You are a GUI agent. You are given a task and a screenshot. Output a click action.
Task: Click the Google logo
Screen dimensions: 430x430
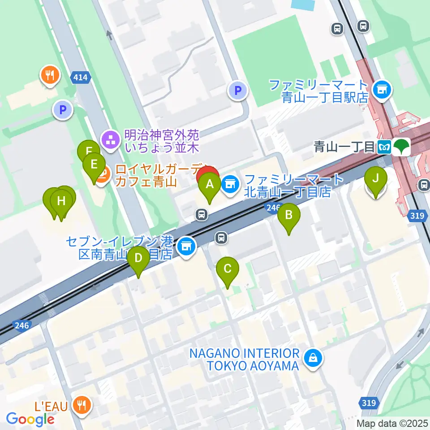click(30, 419)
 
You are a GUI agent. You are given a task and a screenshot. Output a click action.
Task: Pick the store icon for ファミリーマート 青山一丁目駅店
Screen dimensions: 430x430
click(383, 90)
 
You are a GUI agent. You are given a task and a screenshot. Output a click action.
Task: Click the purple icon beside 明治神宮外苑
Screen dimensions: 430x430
click(109, 140)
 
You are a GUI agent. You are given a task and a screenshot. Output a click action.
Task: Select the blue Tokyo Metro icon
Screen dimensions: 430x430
click(384, 146)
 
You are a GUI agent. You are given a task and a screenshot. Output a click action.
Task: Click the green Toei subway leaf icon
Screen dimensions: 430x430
click(400, 146)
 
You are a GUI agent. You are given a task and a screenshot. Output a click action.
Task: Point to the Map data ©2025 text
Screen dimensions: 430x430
click(392, 423)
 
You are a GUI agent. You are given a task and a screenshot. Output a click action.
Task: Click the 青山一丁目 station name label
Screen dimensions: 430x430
click(344, 146)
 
